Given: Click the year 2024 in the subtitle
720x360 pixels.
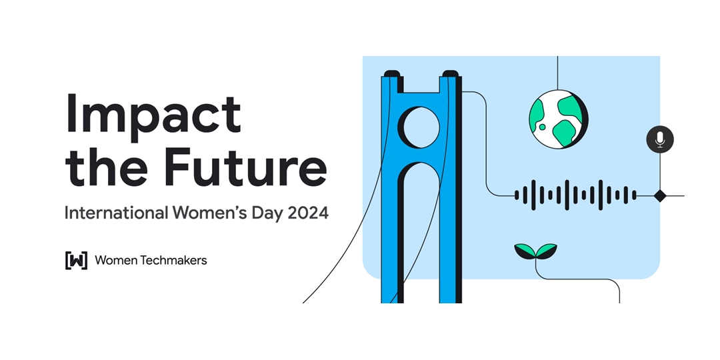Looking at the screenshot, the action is (308, 213).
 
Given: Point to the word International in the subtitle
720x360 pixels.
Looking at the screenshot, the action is (116, 213).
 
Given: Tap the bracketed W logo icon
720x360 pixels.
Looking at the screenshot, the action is (76, 261).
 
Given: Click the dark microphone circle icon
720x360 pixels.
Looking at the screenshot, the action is (660, 139).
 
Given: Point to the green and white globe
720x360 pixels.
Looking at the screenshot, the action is (558, 119).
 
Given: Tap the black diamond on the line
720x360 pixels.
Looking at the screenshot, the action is (660, 195).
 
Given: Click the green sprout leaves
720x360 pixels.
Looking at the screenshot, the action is (535, 251).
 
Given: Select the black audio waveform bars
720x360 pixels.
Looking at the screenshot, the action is (575, 195).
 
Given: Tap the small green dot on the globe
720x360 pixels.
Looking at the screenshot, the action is (542, 127).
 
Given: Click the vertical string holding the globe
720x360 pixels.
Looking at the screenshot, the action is (557, 73).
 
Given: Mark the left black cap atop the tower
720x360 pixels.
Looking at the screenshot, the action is (392, 73).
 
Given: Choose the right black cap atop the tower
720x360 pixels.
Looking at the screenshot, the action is (451, 73).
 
